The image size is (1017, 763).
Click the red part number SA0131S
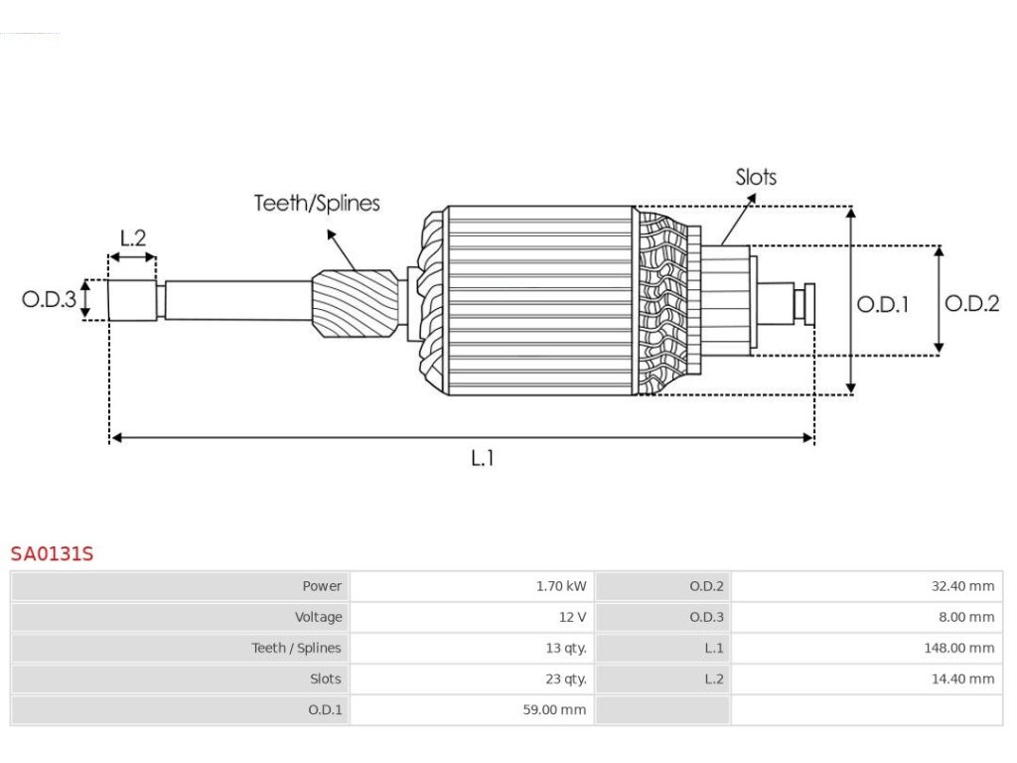coord(52,553)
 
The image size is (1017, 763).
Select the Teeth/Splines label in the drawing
coord(317,204)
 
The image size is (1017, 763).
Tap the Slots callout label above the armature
coord(756,178)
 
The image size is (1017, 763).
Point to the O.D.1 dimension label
coord(883,305)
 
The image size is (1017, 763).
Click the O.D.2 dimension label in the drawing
coord(971,304)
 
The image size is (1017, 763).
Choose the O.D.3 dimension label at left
coord(49,298)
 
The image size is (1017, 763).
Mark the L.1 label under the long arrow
coord(482,458)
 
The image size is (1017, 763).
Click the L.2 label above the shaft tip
coord(133,238)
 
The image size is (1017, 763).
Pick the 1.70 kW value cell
coord(561,586)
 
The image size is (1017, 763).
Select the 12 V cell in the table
coord(572,617)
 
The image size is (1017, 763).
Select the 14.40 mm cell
coord(962,680)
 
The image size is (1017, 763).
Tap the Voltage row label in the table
coord(318,617)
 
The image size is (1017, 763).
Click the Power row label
coord(322,586)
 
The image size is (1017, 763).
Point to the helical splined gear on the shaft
coord(355,305)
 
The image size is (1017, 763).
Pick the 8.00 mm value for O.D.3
coord(966,617)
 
